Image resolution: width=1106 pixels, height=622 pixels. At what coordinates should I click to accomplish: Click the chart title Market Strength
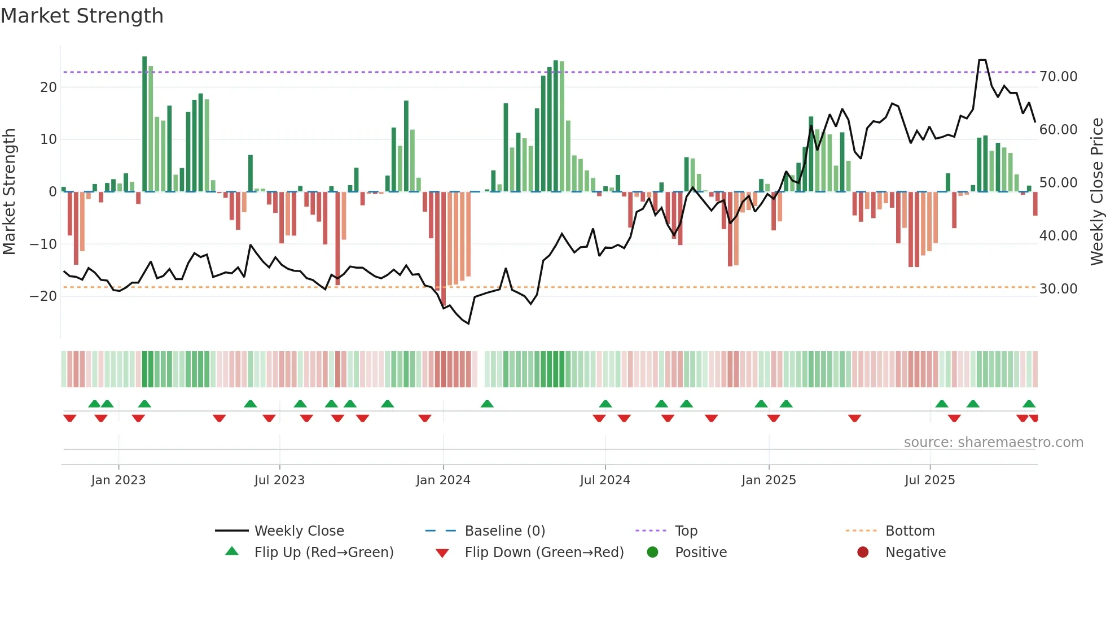pyautogui.click(x=82, y=16)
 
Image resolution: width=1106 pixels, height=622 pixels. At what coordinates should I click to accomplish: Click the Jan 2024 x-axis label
pyautogui.click(x=443, y=480)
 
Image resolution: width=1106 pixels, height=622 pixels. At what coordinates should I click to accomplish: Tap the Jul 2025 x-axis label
pyautogui.click(x=929, y=480)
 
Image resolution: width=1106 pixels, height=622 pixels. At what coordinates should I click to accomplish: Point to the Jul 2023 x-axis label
pyautogui.click(x=279, y=480)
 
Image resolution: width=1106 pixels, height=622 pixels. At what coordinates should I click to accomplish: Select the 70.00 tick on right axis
pyautogui.click(x=1058, y=77)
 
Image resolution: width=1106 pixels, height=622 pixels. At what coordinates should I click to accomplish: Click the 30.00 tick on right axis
pyautogui.click(x=1058, y=289)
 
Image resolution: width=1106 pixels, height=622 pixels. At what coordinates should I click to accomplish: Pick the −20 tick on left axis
pyautogui.click(x=43, y=296)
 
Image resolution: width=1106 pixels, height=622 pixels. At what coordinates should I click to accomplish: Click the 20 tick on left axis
pyautogui.click(x=49, y=87)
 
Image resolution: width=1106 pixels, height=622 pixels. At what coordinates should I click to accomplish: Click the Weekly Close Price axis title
pyautogui.click(x=1096, y=192)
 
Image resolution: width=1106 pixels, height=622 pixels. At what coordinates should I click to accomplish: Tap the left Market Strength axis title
pyautogui.click(x=9, y=192)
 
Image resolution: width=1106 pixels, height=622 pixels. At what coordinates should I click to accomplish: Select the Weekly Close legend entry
pyautogui.click(x=299, y=531)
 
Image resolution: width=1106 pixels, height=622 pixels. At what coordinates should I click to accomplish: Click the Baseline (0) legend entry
pyautogui.click(x=504, y=531)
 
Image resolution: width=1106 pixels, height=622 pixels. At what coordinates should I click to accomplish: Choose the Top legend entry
pyautogui.click(x=686, y=531)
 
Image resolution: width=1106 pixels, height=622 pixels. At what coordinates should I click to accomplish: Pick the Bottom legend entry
pyautogui.click(x=910, y=531)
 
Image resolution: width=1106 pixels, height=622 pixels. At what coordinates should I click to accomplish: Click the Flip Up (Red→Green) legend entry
pyautogui.click(x=323, y=553)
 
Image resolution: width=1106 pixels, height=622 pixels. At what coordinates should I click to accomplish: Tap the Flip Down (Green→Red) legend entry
pyautogui.click(x=544, y=553)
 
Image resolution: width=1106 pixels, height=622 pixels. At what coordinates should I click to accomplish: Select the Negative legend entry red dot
pyautogui.click(x=863, y=553)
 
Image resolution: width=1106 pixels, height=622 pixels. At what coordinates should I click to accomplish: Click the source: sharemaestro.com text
pyautogui.click(x=993, y=443)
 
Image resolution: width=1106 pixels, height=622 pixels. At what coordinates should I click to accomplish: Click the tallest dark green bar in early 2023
pyautogui.click(x=144, y=124)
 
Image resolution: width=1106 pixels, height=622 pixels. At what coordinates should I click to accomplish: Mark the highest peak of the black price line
pyautogui.click(x=982, y=60)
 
